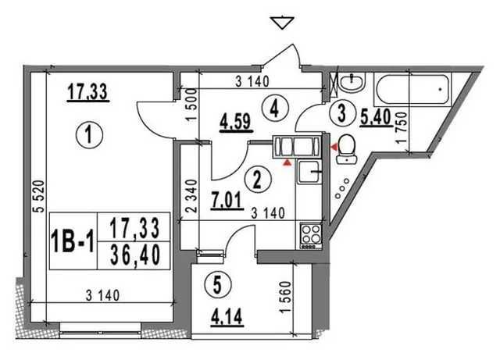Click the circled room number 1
(89, 135)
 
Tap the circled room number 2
(258, 179)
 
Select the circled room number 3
(342, 113)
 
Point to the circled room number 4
(275, 109)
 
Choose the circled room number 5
(217, 285)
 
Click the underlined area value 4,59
(237, 123)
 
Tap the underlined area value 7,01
(227, 201)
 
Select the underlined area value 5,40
(376, 117)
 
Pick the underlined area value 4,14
(227, 317)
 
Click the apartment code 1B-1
(73, 241)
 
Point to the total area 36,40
(134, 256)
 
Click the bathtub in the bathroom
(412, 90)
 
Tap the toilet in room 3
(347, 149)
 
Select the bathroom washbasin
(352, 83)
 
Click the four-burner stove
(311, 235)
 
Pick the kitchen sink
(309, 172)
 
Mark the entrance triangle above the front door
(282, 23)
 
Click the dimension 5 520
(39, 197)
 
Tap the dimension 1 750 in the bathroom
(402, 127)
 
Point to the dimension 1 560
(285, 297)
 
